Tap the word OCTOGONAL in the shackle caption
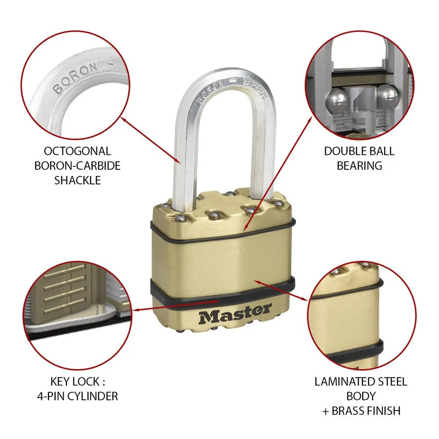coord(77,151)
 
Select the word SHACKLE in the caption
coord(78,180)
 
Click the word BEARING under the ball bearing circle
coord(360,166)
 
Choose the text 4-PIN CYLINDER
coord(78,396)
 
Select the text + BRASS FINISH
coord(361,411)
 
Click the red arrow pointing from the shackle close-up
coord(150,140)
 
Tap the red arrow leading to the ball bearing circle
coord(278,173)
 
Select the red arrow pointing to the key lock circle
coord(176,306)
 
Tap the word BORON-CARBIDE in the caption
coord(78,166)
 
